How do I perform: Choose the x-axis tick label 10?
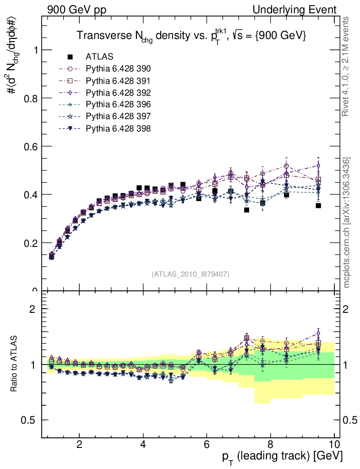point(334,443)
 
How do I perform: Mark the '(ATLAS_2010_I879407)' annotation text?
point(191,274)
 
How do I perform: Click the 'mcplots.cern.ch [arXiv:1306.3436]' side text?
point(347,223)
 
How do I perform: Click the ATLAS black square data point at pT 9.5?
point(318,206)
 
